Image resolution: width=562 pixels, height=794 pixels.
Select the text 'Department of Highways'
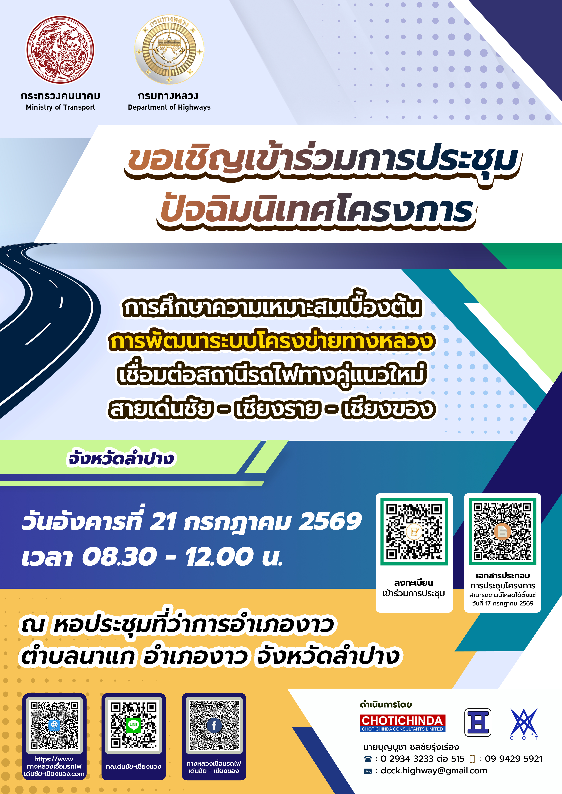(x=169, y=107)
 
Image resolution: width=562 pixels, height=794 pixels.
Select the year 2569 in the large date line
(x=330, y=521)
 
